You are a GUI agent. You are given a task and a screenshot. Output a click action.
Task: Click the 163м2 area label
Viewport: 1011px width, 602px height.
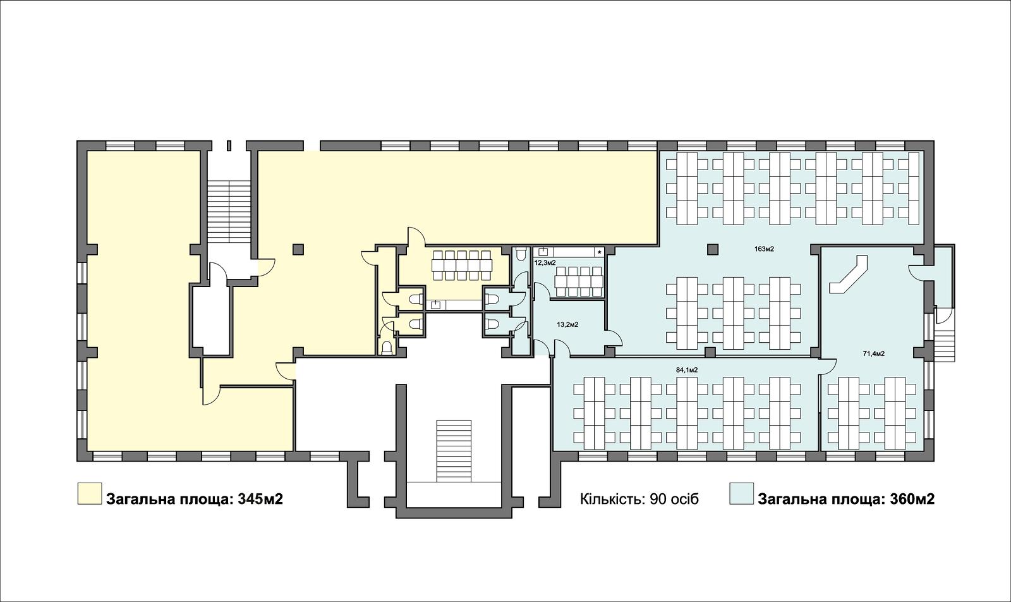point(764,249)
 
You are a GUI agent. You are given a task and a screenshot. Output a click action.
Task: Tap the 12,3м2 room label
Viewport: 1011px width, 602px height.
point(545,262)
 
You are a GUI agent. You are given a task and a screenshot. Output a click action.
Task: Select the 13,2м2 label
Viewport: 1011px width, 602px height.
point(568,324)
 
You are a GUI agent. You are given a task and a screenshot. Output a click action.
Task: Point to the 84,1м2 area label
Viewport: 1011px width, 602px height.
point(687,370)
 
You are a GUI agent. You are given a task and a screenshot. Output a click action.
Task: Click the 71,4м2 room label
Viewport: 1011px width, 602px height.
point(874,353)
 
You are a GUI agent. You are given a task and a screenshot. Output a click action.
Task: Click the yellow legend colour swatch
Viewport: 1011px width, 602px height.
point(89,493)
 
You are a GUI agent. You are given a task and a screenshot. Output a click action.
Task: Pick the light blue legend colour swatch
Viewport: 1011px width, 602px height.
point(742,493)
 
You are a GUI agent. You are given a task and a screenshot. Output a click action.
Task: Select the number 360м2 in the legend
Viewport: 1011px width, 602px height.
point(912,499)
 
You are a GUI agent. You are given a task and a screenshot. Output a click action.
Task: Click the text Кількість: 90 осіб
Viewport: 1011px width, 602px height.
point(639,499)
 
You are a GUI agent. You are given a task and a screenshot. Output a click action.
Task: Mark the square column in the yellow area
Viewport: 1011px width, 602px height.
point(298,249)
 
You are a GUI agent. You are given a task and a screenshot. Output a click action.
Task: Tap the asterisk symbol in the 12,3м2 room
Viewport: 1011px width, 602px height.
point(600,252)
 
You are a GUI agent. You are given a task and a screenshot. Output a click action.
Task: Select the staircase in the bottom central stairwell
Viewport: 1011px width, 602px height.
point(454,451)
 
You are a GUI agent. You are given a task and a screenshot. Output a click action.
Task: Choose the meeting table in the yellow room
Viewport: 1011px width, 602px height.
point(462,266)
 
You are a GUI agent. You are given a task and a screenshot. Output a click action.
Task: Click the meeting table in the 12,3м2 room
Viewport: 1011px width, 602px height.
point(579,282)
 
